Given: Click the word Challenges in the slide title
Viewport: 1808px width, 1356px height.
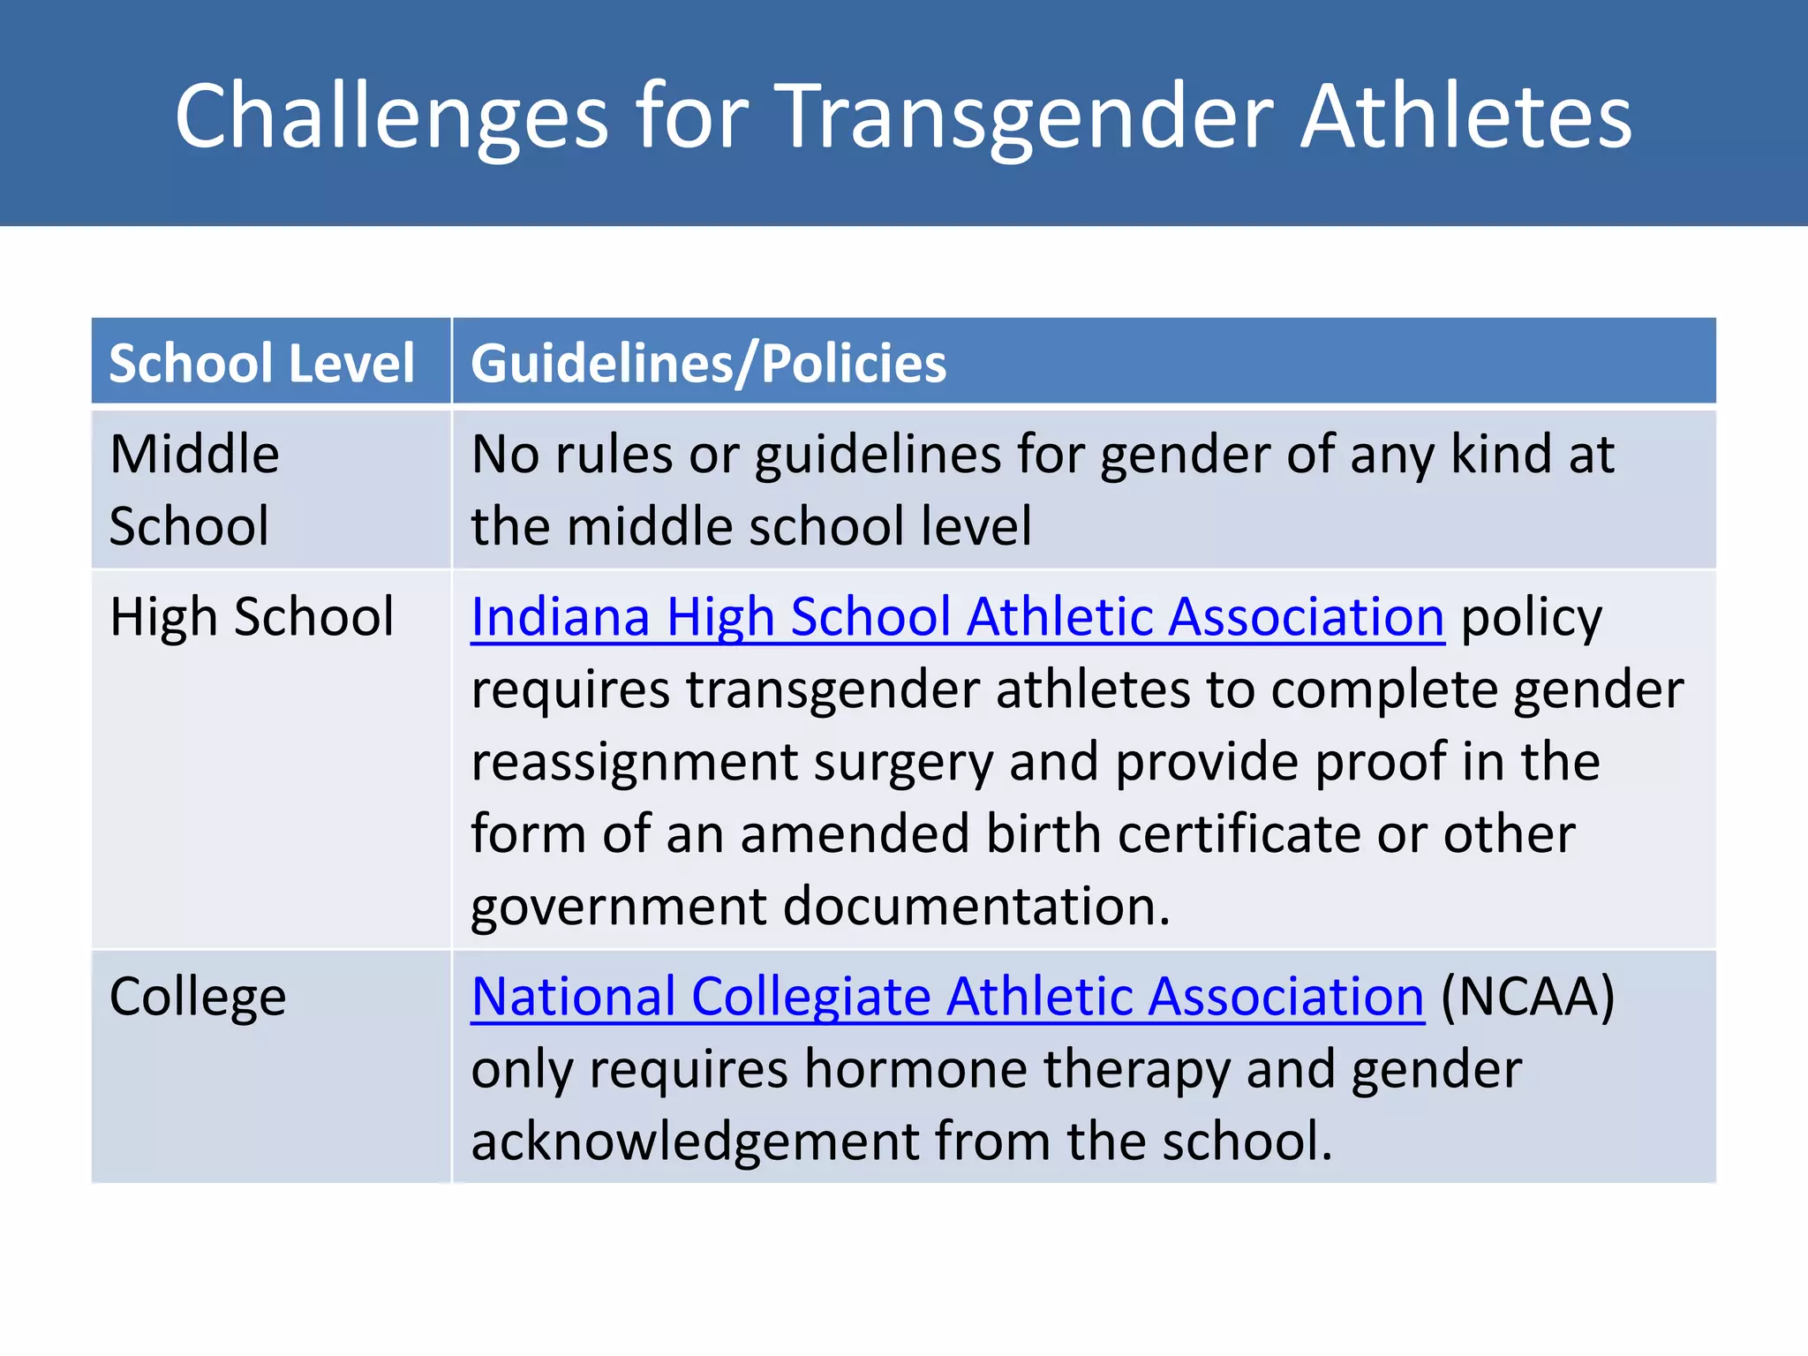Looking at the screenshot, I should coord(391,117).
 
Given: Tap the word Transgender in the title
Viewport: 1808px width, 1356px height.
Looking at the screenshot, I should coord(1028,117).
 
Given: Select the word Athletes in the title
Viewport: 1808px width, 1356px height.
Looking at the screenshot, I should coord(1466,117).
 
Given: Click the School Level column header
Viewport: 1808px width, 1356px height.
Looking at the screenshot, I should coord(261,363).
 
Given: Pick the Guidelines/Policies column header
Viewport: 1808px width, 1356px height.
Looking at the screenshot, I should coord(708,363).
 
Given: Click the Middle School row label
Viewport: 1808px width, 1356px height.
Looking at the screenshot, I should coord(194,490).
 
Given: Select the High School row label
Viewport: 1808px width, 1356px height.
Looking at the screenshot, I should coord(252,616).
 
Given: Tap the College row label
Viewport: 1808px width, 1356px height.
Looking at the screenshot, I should coord(198,997).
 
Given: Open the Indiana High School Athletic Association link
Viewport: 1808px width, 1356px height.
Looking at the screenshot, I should coord(957,616).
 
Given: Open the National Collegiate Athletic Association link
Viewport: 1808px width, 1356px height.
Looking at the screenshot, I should coord(947,997).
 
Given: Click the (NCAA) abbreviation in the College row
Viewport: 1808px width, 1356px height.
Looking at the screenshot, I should coord(1527,997).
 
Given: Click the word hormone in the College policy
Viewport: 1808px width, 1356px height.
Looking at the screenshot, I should coord(915,1069).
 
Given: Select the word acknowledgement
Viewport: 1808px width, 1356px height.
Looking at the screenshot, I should coord(695,1141).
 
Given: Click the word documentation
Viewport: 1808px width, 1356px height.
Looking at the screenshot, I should coord(976,908).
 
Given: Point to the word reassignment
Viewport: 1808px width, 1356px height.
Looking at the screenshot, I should coord(634,763).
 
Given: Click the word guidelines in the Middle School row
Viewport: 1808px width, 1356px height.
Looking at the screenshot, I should coord(878,456).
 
